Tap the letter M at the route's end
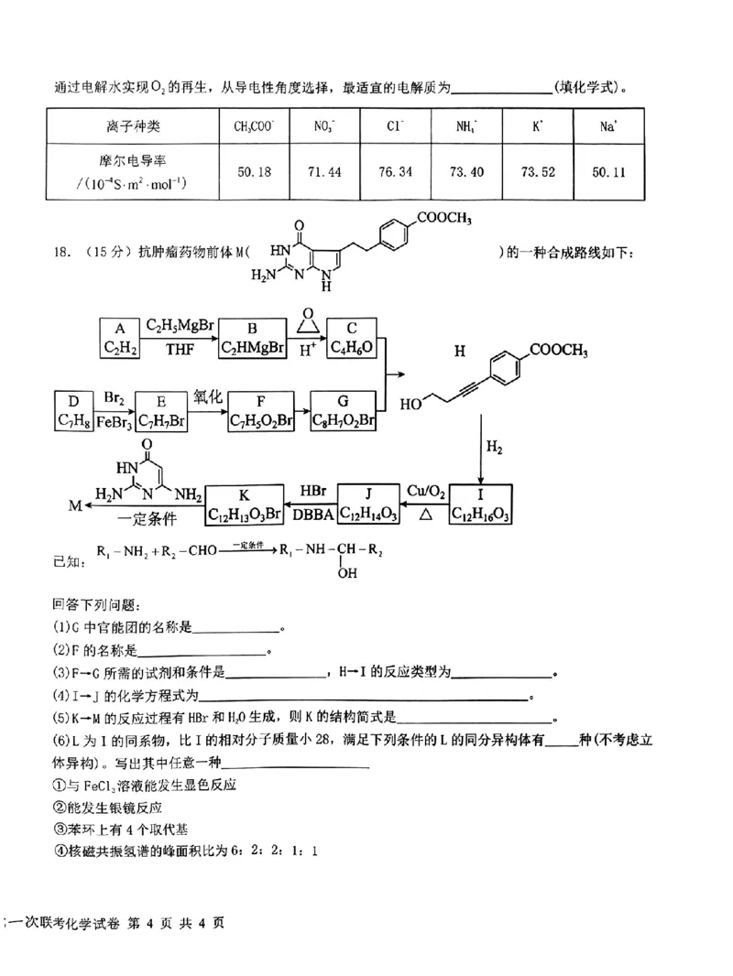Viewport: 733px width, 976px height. pyautogui.click(x=76, y=504)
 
